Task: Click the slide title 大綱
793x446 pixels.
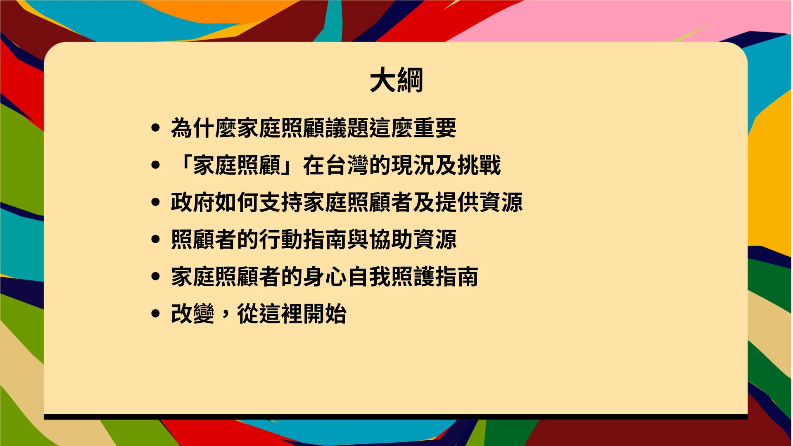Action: click(x=396, y=80)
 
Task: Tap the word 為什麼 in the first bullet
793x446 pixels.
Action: click(x=204, y=128)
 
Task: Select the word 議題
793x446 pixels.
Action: click(x=347, y=128)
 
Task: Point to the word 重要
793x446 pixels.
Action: click(x=435, y=128)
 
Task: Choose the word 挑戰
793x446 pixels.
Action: click(x=479, y=165)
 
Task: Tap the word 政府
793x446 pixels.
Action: click(x=193, y=202)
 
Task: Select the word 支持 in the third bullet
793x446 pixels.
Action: click(x=281, y=202)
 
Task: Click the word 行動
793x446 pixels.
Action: click(x=281, y=239)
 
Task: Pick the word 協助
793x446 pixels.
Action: click(x=391, y=239)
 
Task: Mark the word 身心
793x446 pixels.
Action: click(x=325, y=276)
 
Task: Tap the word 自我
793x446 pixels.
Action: click(x=369, y=276)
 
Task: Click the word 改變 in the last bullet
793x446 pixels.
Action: click(x=193, y=313)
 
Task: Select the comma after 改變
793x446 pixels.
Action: click(x=225, y=316)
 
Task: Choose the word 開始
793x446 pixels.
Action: click(x=325, y=313)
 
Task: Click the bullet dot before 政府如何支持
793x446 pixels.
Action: click(x=156, y=202)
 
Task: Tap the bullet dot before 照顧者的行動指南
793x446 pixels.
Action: click(x=156, y=239)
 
